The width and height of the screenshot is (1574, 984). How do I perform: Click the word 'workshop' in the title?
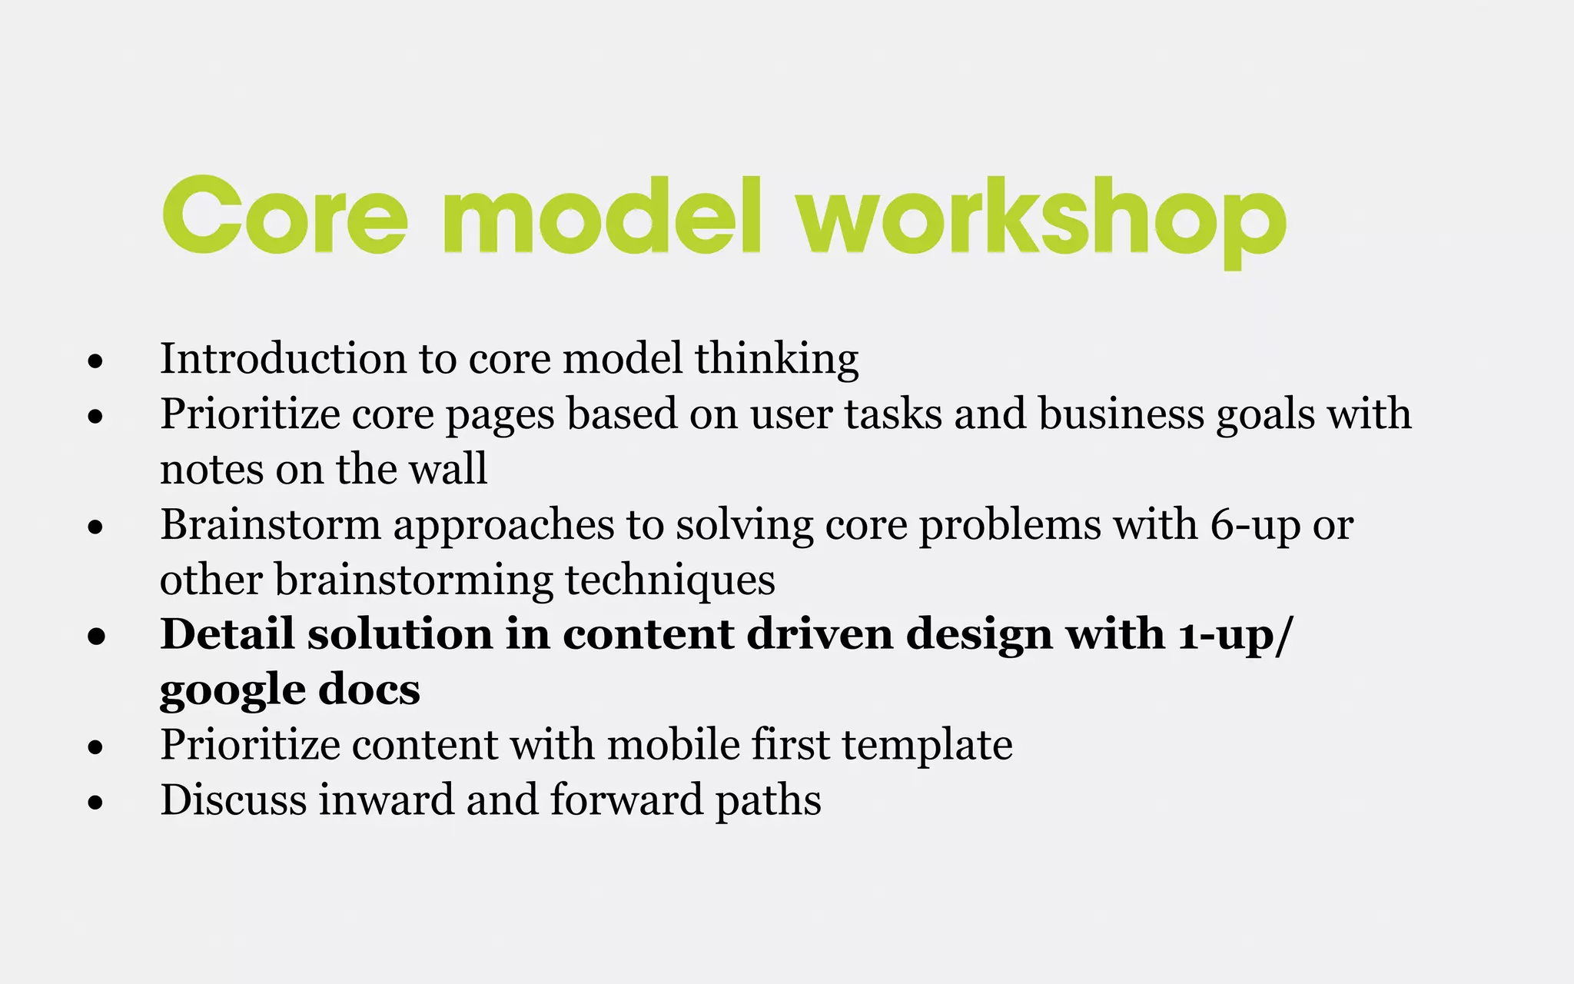[1041, 217]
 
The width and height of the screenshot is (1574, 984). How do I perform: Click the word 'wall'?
[448, 469]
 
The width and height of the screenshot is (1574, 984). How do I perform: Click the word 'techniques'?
[670, 580]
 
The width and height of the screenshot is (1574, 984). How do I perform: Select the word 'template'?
[927, 746]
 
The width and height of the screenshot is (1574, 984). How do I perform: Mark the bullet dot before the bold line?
[96, 637]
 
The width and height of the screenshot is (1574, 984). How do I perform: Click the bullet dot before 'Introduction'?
[95, 361]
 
